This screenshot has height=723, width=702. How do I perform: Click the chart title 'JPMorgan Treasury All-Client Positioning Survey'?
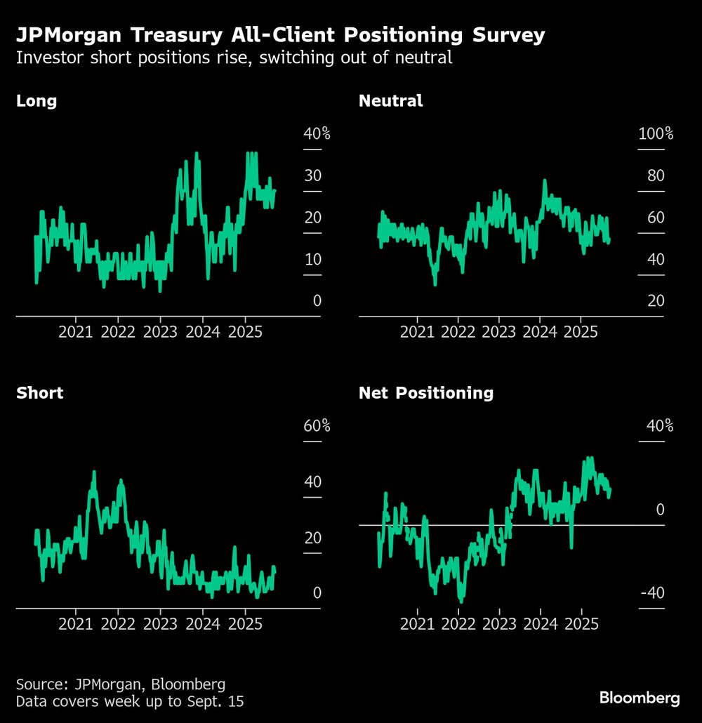tap(280, 36)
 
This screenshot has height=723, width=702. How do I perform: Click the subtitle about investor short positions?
tap(234, 58)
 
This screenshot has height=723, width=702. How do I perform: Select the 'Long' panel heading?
tap(37, 100)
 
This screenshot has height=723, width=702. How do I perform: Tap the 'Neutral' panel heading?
tap(390, 100)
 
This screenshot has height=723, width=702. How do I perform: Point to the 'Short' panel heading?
tap(39, 392)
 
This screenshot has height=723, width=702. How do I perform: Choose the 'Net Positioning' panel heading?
tap(425, 392)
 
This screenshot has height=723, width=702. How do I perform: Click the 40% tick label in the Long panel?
tap(312, 133)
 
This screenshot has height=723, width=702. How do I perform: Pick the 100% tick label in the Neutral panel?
tap(655, 133)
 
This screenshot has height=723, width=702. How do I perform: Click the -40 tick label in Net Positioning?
tap(652, 593)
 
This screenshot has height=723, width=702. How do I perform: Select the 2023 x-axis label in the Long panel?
tap(160, 331)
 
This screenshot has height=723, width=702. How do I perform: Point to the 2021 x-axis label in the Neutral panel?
tap(417, 331)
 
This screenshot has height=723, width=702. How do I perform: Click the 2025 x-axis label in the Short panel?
tap(246, 623)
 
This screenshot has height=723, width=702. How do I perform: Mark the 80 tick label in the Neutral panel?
tap(655, 175)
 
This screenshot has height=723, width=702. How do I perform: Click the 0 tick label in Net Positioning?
tap(660, 510)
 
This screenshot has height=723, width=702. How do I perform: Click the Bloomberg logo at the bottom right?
tap(639, 698)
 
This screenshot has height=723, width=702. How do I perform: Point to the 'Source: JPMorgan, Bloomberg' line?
tap(121, 684)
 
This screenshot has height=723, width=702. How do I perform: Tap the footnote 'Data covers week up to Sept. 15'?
tap(130, 701)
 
